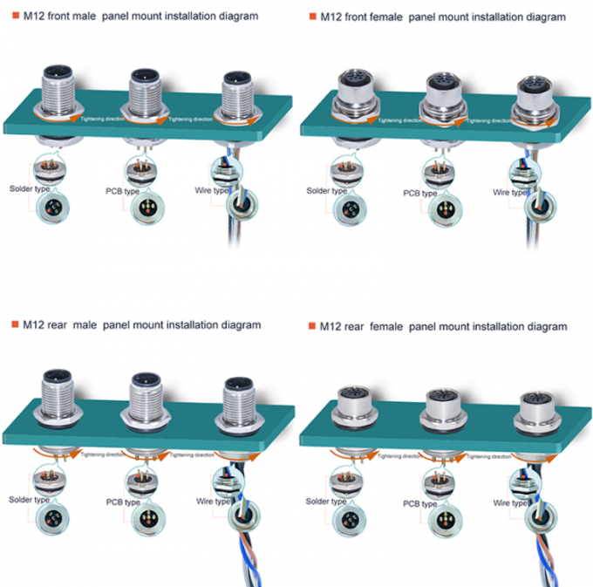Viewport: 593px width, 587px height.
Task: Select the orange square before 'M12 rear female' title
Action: coord(310,326)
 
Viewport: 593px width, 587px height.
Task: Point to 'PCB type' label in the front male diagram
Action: coord(120,192)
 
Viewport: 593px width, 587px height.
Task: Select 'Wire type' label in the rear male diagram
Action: coord(211,502)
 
